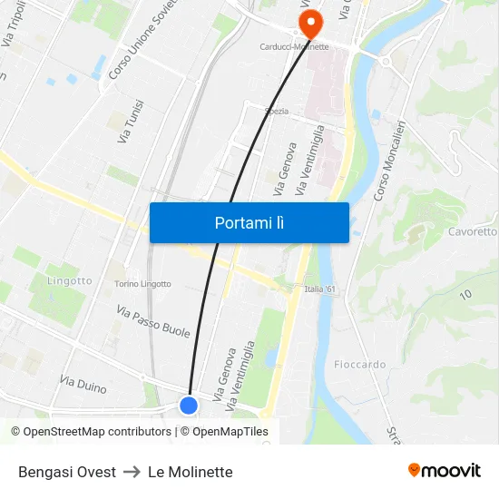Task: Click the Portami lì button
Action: pos(249,222)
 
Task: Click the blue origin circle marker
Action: pos(189,406)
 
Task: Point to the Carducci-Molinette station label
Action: pos(294,46)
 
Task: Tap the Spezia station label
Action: pos(276,112)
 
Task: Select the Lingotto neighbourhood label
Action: pos(69,280)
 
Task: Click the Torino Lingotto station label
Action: pos(142,284)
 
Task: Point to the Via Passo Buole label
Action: pos(153,321)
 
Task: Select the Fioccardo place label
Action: pos(359,365)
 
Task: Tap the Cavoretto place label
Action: pos(472,231)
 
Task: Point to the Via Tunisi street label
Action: pos(130,122)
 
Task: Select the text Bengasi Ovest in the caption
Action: pos(67,472)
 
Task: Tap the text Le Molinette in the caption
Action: pos(191,472)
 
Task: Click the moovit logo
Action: pos(445,471)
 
